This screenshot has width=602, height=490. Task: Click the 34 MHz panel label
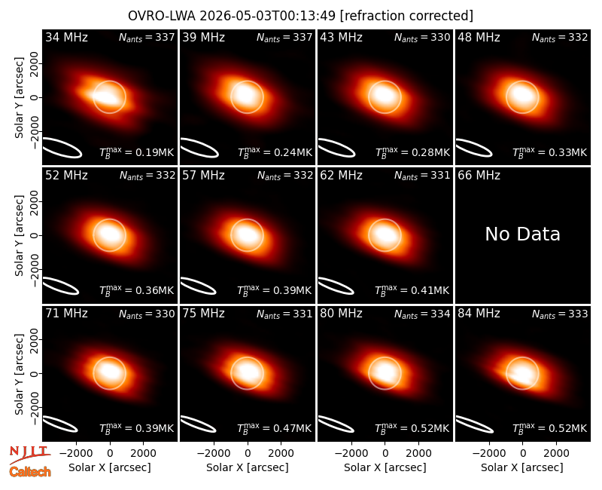(x=66, y=37)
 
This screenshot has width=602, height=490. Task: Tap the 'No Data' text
(x=522, y=234)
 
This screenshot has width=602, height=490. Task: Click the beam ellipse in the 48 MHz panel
(x=474, y=148)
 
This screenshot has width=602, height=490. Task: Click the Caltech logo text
(x=30, y=472)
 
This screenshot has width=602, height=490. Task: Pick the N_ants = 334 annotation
(x=422, y=314)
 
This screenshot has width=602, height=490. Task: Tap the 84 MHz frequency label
(x=479, y=314)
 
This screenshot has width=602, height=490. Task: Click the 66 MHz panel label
(x=479, y=176)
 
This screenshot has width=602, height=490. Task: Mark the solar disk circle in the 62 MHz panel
(x=385, y=219)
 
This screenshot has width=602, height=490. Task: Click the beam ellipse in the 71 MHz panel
(x=60, y=424)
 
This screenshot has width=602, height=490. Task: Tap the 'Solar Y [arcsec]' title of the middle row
(x=19, y=235)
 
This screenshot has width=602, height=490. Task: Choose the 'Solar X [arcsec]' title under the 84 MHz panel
(x=522, y=467)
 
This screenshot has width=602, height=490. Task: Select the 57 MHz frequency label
(x=203, y=176)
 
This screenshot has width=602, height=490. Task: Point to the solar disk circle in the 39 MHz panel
(x=248, y=81)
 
